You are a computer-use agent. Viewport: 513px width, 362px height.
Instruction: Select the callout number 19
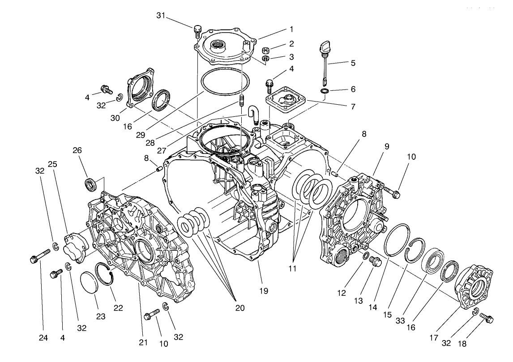[264, 291]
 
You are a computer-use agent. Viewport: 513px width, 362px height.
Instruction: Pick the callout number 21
[143, 343]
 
